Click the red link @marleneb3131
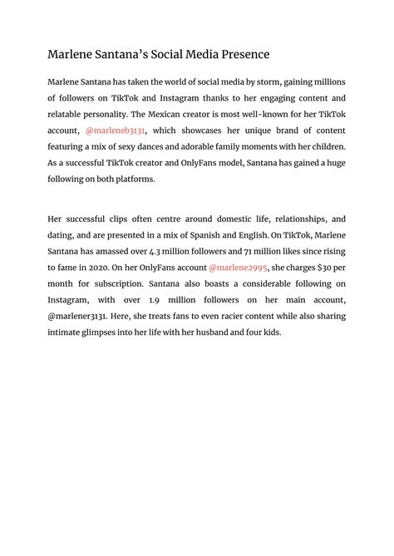point(116,130)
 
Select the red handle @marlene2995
point(238,268)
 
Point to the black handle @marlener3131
point(81,316)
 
